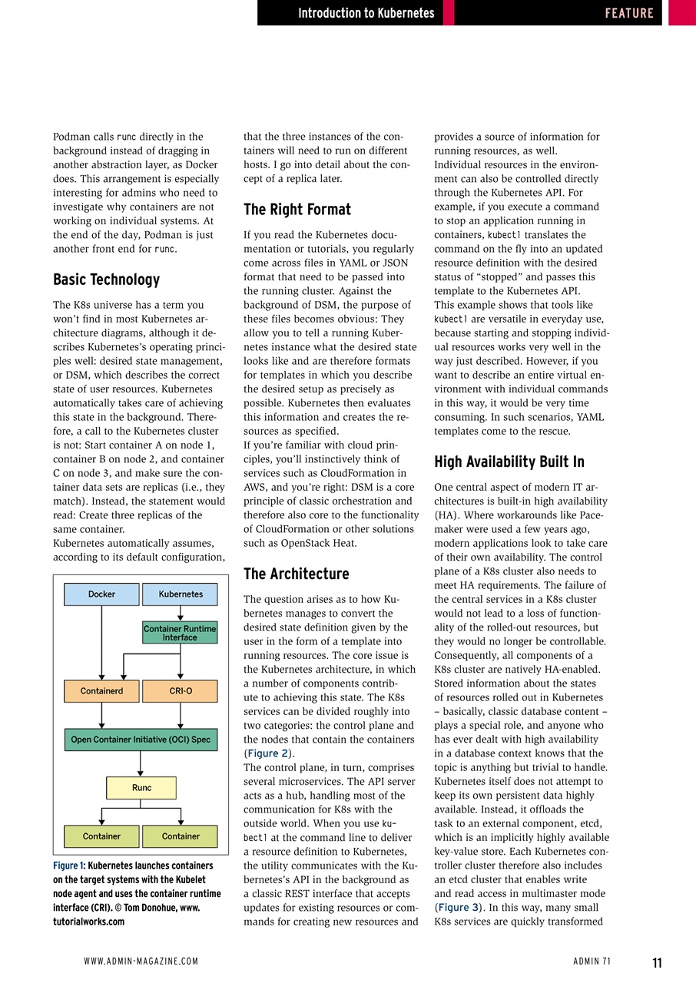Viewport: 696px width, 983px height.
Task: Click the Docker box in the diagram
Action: pos(101,594)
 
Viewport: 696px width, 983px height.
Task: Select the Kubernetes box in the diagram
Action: pos(181,594)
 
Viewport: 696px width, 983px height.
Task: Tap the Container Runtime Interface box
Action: pos(180,633)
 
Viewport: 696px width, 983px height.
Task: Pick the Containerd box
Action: pos(101,691)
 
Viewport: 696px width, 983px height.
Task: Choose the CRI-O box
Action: pos(181,691)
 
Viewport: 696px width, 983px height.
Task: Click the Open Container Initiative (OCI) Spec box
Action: pos(141,740)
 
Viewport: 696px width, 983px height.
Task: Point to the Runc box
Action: pos(141,788)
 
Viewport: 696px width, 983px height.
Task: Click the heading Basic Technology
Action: pos(106,280)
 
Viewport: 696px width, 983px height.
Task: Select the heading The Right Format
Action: pos(297,210)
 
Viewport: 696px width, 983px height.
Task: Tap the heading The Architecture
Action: pos(296,574)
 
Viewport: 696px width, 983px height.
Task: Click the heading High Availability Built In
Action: pos(509,462)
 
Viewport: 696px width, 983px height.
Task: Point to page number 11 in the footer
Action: pos(657,962)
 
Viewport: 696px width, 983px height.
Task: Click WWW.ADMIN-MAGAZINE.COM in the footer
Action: pos(141,961)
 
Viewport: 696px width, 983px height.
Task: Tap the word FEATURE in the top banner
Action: pos(628,13)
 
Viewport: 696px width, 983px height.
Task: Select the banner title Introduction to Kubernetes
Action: pos(366,13)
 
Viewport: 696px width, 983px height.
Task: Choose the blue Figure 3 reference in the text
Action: pos(460,907)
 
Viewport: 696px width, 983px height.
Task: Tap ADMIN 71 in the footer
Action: pos(592,961)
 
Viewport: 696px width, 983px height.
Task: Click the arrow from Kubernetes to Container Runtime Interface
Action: pos(181,614)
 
